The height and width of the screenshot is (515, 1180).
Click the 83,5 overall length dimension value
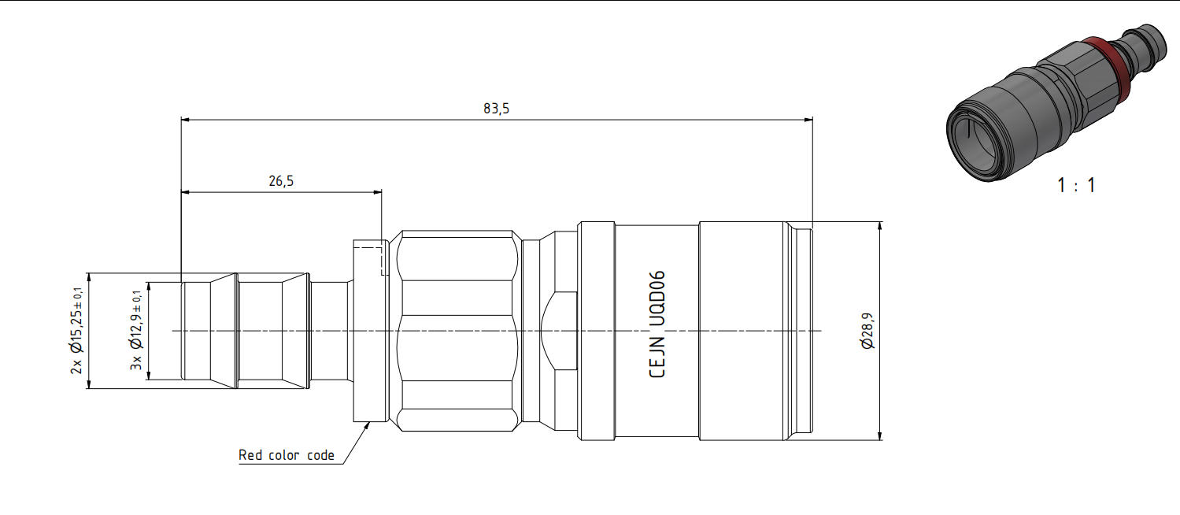[x=496, y=109]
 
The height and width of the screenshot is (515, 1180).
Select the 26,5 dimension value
[x=281, y=181]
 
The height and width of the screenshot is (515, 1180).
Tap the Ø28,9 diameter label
[x=867, y=331]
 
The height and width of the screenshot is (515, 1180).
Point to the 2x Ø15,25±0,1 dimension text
[x=76, y=331]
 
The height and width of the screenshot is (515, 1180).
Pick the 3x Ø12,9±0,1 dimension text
[x=136, y=330]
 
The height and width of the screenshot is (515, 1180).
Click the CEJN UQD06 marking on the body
[x=657, y=324]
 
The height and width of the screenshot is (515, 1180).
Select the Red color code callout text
[x=286, y=455]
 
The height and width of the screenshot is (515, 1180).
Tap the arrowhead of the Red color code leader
[x=368, y=426]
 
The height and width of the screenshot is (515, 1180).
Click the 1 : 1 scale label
[x=1076, y=185]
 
